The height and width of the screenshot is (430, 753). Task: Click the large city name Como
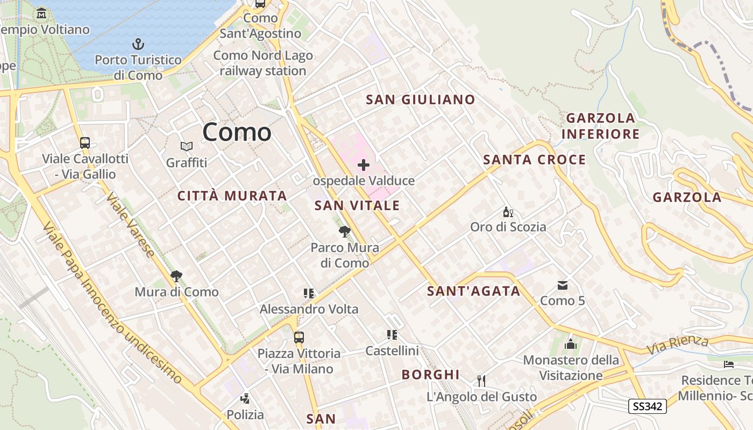237,132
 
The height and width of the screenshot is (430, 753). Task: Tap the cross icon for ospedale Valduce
364,165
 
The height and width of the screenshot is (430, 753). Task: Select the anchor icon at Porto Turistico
139,44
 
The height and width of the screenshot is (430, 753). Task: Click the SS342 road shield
648,406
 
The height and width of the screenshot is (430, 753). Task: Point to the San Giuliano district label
421,99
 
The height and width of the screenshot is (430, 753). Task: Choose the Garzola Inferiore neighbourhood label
600,126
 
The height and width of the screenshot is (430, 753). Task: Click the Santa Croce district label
534,160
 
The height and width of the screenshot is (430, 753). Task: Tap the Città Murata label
232,196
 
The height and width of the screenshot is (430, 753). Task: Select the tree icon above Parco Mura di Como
345,232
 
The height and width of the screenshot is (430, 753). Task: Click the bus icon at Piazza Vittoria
299,338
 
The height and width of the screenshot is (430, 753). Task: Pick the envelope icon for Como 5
563,285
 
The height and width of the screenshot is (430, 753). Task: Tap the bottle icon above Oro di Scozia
508,212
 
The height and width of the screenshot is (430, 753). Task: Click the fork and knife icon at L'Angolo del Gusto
481,381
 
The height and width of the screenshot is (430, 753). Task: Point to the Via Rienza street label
678,344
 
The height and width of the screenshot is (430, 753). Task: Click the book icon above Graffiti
187,146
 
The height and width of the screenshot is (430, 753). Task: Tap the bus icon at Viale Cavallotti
85,143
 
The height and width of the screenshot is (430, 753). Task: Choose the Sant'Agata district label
473,291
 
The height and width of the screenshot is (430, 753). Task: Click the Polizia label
245,414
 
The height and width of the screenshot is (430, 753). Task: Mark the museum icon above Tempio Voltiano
41,13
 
